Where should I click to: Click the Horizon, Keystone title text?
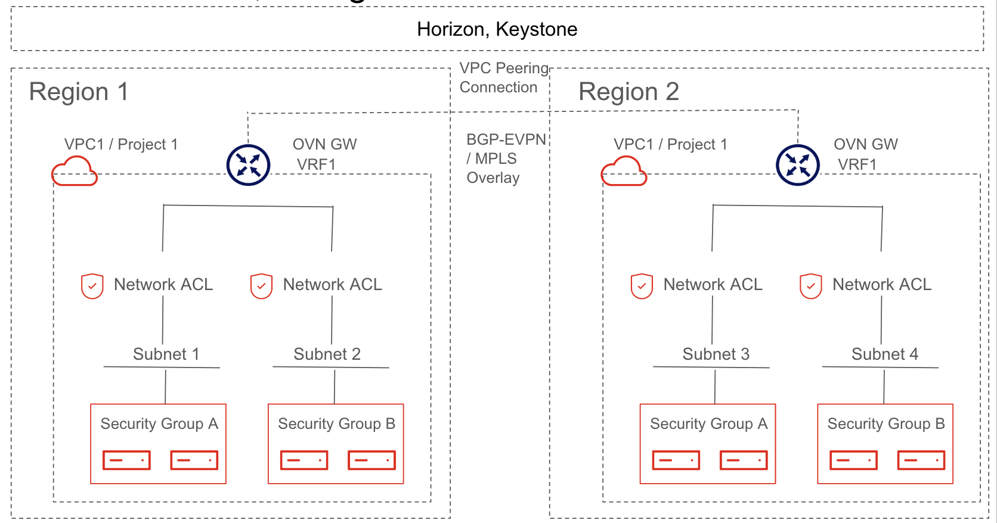pyautogui.click(x=497, y=29)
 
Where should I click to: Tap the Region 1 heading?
pyautogui.click(x=79, y=92)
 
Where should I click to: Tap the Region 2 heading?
pyautogui.click(x=628, y=92)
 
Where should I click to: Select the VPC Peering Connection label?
pyautogui.click(x=503, y=77)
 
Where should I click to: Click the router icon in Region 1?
pyautogui.click(x=248, y=165)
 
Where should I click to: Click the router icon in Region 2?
pyautogui.click(x=797, y=165)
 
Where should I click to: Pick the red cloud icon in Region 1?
pyautogui.click(x=75, y=172)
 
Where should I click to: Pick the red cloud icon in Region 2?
pyautogui.click(x=624, y=172)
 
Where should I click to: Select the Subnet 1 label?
pyautogui.click(x=166, y=354)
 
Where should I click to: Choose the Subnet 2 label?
pyautogui.click(x=327, y=354)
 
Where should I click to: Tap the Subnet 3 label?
pyautogui.click(x=716, y=354)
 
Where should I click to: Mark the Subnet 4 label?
pyautogui.click(x=884, y=354)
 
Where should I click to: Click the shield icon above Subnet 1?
pyautogui.click(x=92, y=286)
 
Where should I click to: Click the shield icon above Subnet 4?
pyautogui.click(x=810, y=286)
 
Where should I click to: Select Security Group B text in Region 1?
pyautogui.click(x=336, y=424)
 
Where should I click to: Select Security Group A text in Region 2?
pyautogui.click(x=708, y=424)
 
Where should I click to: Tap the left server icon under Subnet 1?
pyautogui.click(x=126, y=460)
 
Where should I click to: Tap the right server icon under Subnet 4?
pyautogui.click(x=921, y=460)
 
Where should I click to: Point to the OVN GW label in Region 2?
pyautogui.click(x=865, y=144)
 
